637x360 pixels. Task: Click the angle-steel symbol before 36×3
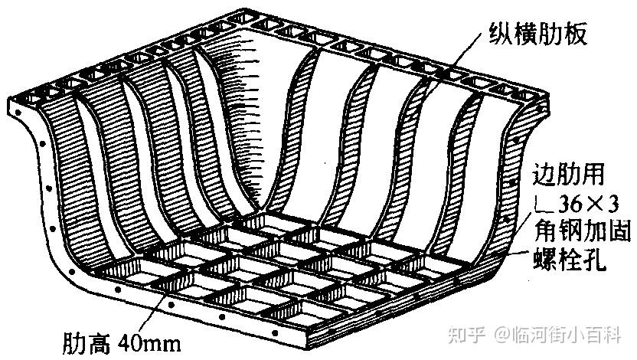click(541, 204)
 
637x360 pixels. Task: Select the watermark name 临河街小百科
click(567, 335)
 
